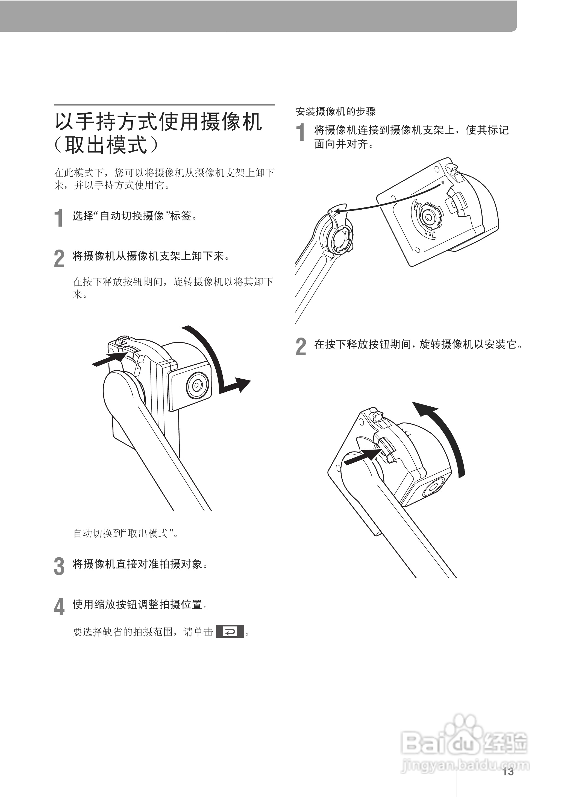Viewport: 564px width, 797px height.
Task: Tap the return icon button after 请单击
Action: point(230,631)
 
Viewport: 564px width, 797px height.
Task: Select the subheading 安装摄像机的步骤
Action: point(336,112)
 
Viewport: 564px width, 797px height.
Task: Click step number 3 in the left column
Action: point(59,566)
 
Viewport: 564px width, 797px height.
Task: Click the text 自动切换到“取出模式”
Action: point(125,533)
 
